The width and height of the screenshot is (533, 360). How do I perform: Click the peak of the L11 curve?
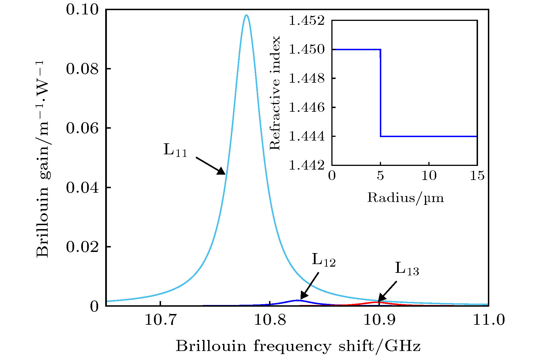[246, 15]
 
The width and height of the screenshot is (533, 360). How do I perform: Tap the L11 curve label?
[175, 150]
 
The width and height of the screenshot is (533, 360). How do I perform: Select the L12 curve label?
[323, 260]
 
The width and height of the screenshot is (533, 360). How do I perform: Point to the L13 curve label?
[407, 269]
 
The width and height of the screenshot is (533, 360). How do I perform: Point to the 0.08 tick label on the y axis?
[82, 69]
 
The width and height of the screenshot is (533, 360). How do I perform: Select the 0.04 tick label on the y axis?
[82, 188]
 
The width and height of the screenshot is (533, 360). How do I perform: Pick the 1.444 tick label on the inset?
[307, 137]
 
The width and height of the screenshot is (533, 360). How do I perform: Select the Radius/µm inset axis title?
[406, 198]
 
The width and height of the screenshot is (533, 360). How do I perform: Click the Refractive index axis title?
[275, 93]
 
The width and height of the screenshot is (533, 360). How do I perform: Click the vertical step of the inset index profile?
[380, 93]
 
